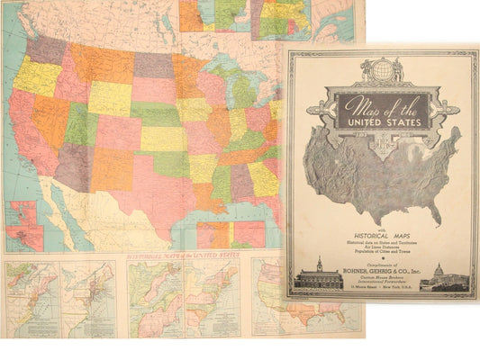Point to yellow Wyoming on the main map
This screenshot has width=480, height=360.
tap(108, 97)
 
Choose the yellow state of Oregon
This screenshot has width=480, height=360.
tap(36, 76)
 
